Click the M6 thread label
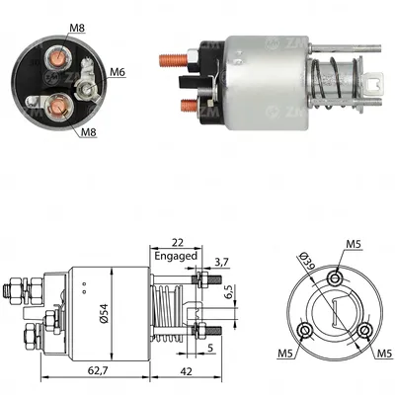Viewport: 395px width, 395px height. [x=118, y=71]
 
